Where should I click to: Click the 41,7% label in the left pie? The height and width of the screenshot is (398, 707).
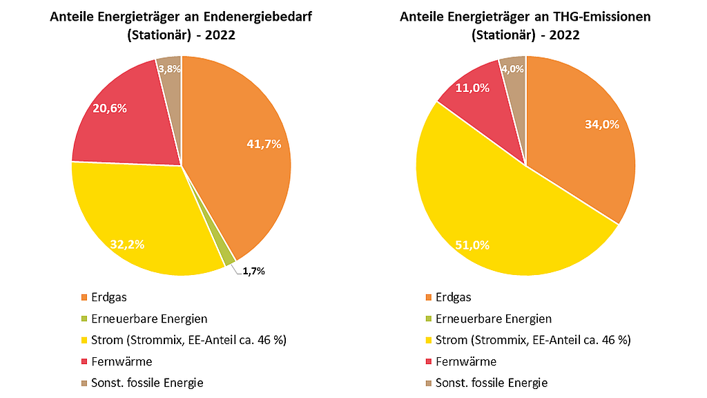(264, 144)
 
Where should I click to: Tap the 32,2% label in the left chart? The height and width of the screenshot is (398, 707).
(127, 243)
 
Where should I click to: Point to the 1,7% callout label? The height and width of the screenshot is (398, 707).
(253, 272)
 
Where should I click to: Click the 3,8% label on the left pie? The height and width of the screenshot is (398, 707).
(169, 68)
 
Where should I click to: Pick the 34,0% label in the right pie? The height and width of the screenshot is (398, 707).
(602, 124)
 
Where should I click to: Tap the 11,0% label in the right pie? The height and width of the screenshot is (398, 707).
(473, 88)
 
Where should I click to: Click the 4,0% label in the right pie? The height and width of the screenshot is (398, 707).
(512, 68)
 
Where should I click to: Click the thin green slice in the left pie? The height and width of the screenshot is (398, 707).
(229, 258)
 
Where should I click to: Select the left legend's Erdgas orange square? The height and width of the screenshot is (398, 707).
(85, 298)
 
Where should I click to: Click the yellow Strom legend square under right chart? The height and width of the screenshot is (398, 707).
(429, 340)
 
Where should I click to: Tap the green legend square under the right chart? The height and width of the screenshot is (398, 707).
(429, 319)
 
